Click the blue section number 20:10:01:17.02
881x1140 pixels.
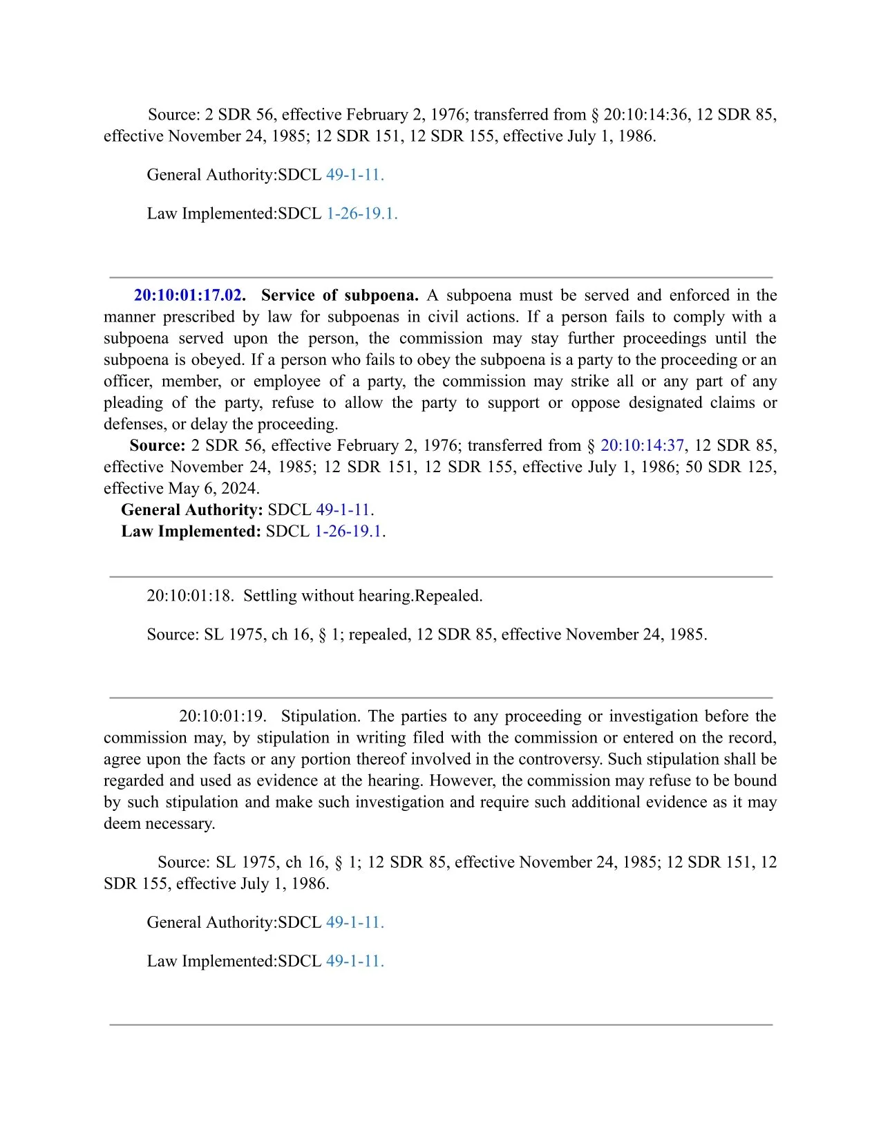(187, 295)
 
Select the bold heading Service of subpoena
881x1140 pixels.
(339, 295)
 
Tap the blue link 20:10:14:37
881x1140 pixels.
(642, 445)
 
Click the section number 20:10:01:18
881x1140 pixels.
(190, 595)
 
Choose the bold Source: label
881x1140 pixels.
(157, 445)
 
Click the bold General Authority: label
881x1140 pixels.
(191, 510)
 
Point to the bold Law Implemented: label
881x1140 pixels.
(191, 531)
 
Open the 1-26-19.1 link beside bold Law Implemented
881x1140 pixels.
(348, 531)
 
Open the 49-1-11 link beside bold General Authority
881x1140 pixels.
(343, 510)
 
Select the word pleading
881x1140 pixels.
(133, 402)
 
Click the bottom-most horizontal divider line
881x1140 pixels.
(441, 1025)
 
